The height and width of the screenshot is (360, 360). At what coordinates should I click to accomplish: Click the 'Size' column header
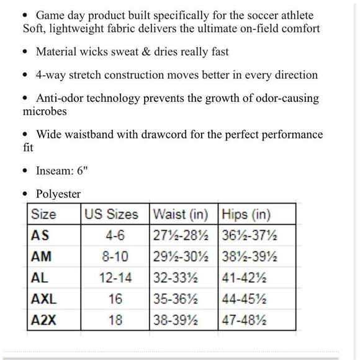(43, 215)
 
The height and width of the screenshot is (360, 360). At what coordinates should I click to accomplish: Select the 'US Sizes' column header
(111, 215)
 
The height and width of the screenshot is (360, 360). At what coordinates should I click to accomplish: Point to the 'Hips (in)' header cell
(246, 215)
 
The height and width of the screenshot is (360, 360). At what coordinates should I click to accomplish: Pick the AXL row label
(44, 299)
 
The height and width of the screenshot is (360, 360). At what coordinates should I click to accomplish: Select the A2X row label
(44, 320)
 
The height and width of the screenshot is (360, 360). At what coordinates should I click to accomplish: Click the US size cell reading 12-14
(115, 278)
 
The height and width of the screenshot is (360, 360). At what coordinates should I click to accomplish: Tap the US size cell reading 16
(115, 299)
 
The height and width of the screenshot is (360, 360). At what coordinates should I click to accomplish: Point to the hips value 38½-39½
(250, 257)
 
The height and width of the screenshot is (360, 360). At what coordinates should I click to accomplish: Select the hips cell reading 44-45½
(245, 299)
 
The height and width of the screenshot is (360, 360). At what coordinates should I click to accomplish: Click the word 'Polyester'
(58, 194)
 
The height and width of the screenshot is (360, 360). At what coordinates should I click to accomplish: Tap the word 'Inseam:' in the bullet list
(56, 170)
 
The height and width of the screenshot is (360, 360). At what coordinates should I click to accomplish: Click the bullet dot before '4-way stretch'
(25, 76)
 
